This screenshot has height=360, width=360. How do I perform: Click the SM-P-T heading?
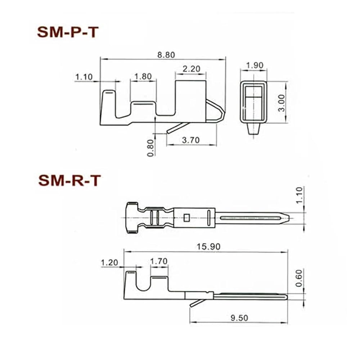[x=68, y=32]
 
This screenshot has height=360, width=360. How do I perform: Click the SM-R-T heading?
[x=69, y=180]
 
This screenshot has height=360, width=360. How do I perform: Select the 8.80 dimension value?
[x=166, y=55]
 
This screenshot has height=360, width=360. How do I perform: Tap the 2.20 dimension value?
[x=192, y=69]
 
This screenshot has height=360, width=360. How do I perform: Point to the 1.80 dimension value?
[x=143, y=76]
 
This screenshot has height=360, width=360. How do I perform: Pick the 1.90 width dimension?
[x=255, y=66]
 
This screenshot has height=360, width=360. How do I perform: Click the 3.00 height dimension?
[x=281, y=103]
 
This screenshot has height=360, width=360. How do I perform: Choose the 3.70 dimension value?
[x=191, y=140]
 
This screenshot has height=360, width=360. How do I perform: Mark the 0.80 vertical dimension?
[x=150, y=148]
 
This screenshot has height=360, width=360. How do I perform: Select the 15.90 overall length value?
[x=208, y=247]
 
